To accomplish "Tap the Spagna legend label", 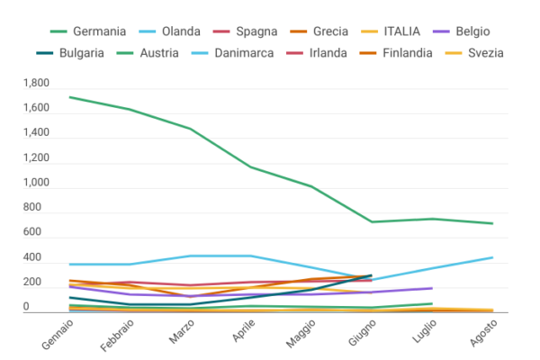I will (x=270, y=31).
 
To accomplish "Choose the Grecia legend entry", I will (x=355, y=31).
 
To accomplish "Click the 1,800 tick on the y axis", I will (x=37, y=84).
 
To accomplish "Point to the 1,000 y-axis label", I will (x=37, y=184).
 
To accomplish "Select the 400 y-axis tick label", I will (x=43, y=258).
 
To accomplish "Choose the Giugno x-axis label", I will (x=359, y=335).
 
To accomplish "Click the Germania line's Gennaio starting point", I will (x=71, y=97).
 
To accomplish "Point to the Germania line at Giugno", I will (x=372, y=221).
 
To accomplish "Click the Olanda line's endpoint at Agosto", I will (x=492, y=257).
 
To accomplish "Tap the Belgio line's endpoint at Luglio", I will (x=432, y=288).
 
